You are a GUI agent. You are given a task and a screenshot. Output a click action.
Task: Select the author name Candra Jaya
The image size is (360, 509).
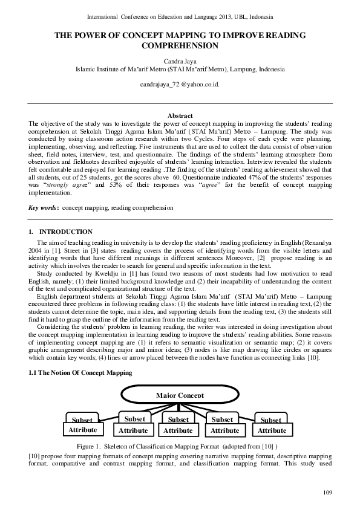click(x=180, y=60)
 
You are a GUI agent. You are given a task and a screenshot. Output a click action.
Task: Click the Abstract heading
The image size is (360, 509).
click(x=180, y=115)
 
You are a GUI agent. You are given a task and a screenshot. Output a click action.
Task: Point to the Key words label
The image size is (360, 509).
click(x=43, y=207)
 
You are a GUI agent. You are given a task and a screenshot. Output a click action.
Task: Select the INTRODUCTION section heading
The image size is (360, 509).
click(x=65, y=232)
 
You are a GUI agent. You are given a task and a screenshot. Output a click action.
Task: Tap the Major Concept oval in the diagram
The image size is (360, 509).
click(x=180, y=395)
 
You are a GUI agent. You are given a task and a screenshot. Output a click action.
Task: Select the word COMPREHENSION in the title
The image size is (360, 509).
click(x=180, y=45)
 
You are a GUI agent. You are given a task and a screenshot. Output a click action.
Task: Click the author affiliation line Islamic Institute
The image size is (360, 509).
click(x=180, y=69)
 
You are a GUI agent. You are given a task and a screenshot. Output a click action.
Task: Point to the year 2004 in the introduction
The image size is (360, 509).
click(x=38, y=249)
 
